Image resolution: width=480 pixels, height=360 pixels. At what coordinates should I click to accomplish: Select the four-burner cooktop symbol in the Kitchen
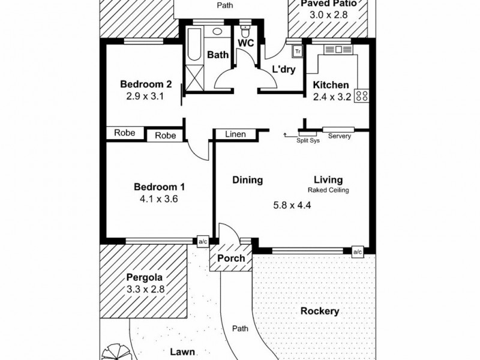pos(361,96)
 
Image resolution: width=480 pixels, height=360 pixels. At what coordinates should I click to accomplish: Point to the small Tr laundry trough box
pos(297,52)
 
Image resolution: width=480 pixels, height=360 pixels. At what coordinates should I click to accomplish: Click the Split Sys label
pos(308,140)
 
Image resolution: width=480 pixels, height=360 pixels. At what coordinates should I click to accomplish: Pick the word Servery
pos(340,136)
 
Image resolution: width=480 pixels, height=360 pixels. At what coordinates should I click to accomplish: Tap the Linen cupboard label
pos(236,134)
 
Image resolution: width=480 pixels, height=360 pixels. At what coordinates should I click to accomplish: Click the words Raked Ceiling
pos(328,190)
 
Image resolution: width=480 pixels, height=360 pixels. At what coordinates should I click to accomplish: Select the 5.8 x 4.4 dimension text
pos(293,205)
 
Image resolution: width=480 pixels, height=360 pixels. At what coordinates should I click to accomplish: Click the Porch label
pos(231,258)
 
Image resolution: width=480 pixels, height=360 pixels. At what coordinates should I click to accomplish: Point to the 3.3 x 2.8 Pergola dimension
pos(145,289)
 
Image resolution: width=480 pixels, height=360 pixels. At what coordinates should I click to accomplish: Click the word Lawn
pos(180,354)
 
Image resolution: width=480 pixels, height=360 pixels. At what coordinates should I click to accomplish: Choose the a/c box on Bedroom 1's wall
pos(202,242)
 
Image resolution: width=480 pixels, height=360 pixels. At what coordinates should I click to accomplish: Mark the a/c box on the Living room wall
pos(358,251)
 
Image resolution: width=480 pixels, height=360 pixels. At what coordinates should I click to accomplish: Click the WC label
pos(246,43)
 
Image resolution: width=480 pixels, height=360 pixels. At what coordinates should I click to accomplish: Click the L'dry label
pos(283,69)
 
